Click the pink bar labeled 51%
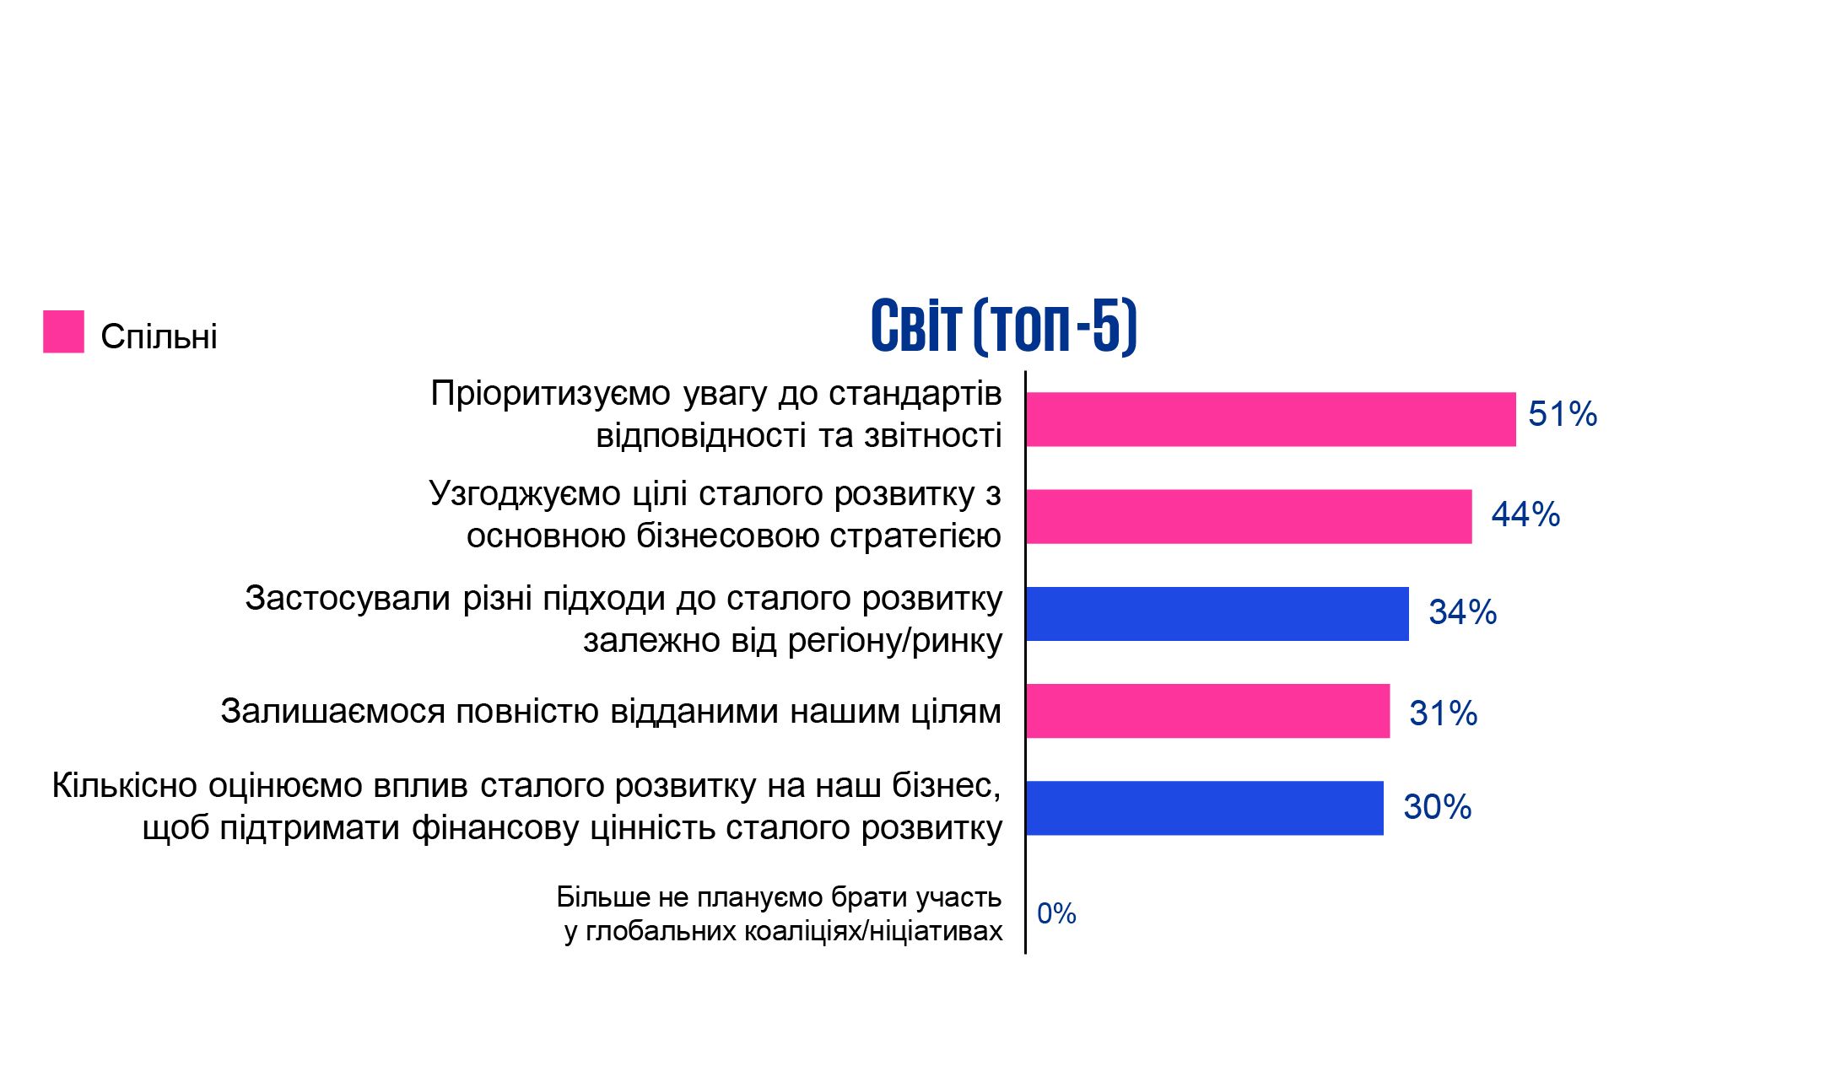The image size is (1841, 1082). (x=1271, y=419)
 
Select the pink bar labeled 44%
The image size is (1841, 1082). (x=1250, y=517)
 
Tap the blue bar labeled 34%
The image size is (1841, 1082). (x=1217, y=614)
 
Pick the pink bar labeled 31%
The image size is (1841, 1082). (x=1208, y=711)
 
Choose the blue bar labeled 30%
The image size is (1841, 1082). (x=1205, y=808)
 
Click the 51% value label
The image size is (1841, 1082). (x=1563, y=414)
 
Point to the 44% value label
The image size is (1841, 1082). (x=1525, y=514)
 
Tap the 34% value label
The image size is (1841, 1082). (x=1462, y=612)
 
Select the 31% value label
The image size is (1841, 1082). (x=1443, y=713)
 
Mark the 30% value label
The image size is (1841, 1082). (x=1437, y=807)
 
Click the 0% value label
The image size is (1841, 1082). (x=1056, y=913)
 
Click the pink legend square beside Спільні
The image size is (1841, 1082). (x=63, y=331)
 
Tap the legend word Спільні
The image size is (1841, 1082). (x=159, y=336)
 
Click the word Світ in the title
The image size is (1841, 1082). (x=915, y=326)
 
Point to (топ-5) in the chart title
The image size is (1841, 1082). (x=1055, y=326)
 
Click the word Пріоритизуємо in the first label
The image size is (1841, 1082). (x=550, y=394)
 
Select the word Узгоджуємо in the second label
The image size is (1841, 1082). (x=525, y=494)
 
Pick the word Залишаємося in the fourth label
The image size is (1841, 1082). (x=332, y=711)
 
